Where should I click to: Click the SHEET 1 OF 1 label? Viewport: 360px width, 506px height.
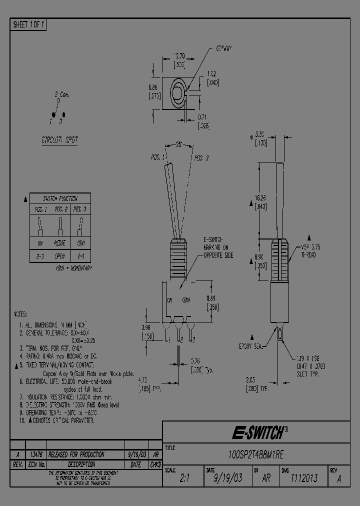pos(28,24)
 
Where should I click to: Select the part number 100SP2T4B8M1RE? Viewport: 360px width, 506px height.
pos(255,455)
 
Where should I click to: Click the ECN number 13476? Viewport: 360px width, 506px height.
pos(35,454)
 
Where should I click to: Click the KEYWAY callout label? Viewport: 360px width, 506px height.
pos(224,49)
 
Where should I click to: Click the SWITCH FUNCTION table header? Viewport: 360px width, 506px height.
pos(59,198)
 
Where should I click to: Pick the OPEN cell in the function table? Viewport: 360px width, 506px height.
pos(59,255)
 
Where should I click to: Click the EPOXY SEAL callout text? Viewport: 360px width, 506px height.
pos(250,346)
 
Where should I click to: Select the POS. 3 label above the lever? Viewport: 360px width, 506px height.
pos(201,157)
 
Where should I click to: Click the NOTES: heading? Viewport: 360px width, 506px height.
pos(20,315)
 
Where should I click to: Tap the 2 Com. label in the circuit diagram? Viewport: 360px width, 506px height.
pos(61,94)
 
